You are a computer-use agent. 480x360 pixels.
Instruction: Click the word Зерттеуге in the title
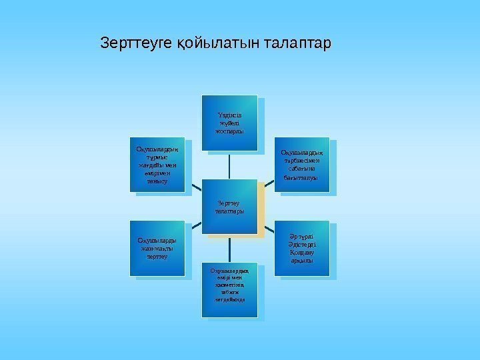click(x=137, y=44)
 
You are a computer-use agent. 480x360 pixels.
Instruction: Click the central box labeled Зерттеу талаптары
click(x=229, y=207)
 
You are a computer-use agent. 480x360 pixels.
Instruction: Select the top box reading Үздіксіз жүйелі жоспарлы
click(x=229, y=123)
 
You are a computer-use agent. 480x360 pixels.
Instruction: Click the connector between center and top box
click(x=229, y=167)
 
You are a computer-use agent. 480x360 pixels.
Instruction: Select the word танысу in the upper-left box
click(x=155, y=181)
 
